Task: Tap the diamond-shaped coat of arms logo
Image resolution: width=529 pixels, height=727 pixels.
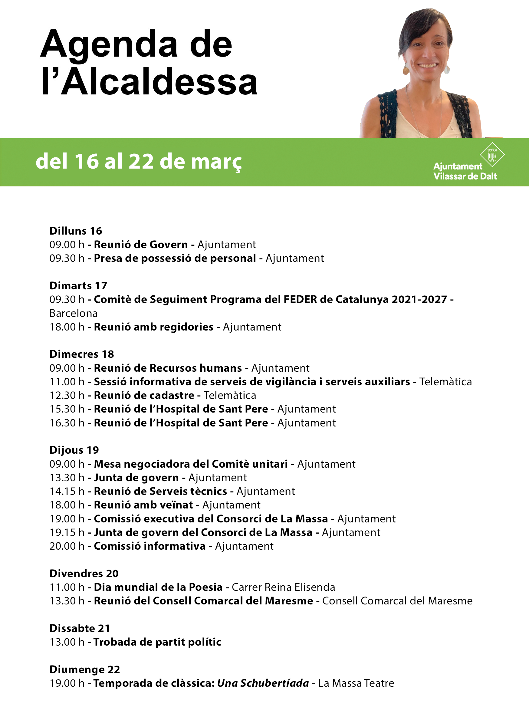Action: [492, 154]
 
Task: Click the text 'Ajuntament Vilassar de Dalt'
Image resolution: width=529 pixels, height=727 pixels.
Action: [465, 171]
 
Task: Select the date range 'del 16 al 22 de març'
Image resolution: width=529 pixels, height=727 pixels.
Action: [139, 161]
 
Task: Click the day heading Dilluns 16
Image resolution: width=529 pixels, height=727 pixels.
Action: [76, 231]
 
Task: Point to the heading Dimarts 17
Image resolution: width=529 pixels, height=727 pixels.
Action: [78, 286]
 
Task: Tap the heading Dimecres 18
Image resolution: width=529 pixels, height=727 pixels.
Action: [82, 354]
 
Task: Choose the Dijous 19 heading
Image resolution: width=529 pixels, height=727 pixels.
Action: [74, 450]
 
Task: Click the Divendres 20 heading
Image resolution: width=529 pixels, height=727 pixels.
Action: [84, 573]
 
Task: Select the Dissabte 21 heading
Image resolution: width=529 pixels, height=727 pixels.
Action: [80, 628]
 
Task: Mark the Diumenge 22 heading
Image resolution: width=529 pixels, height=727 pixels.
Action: [85, 669]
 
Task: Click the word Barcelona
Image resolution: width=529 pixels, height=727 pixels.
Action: [74, 313]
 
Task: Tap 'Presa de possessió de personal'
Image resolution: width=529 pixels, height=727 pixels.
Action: [175, 258]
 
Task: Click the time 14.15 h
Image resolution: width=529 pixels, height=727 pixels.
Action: [67, 492]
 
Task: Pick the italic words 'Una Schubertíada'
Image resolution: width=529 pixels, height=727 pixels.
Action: [263, 683]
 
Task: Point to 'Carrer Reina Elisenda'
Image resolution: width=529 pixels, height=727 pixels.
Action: [284, 587]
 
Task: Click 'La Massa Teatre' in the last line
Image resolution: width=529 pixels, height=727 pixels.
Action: [356, 683]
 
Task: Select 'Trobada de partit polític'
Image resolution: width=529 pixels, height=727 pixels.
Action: [157, 642]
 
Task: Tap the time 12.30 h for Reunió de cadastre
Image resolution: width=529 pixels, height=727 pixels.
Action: [67, 395]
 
